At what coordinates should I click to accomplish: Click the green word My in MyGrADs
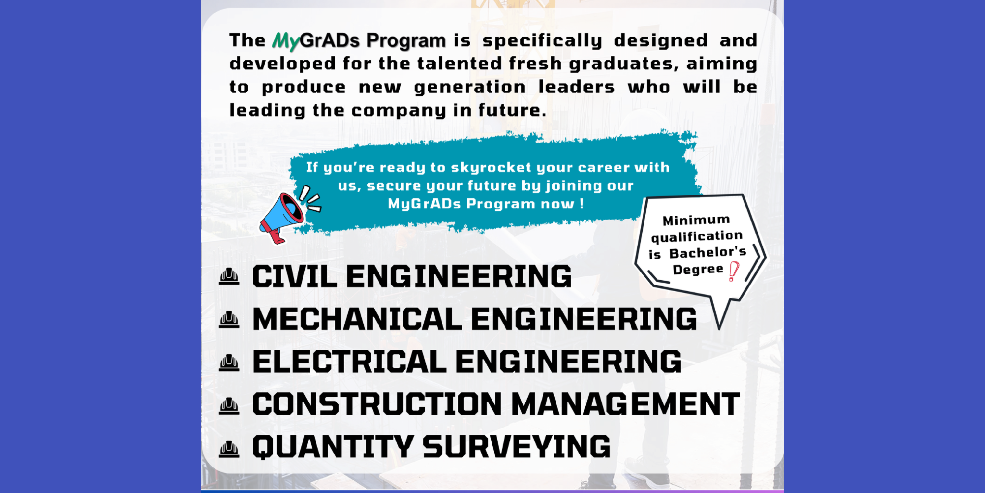[286, 41]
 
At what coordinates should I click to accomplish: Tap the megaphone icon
[284, 216]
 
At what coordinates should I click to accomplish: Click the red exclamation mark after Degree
[733, 271]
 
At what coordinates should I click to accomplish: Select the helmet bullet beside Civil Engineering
[229, 277]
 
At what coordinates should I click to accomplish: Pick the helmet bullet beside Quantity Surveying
[229, 449]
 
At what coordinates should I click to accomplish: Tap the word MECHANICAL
[357, 319]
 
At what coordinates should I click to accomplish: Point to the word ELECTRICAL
[349, 362]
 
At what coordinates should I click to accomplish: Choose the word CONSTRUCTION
[377, 404]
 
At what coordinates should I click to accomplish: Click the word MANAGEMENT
[625, 404]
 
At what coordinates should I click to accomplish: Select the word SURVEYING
[517, 447]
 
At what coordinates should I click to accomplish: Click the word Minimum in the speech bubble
[696, 221]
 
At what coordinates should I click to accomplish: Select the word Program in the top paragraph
[406, 40]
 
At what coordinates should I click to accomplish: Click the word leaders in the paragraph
[576, 87]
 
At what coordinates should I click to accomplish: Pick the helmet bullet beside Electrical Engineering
[229, 363]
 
